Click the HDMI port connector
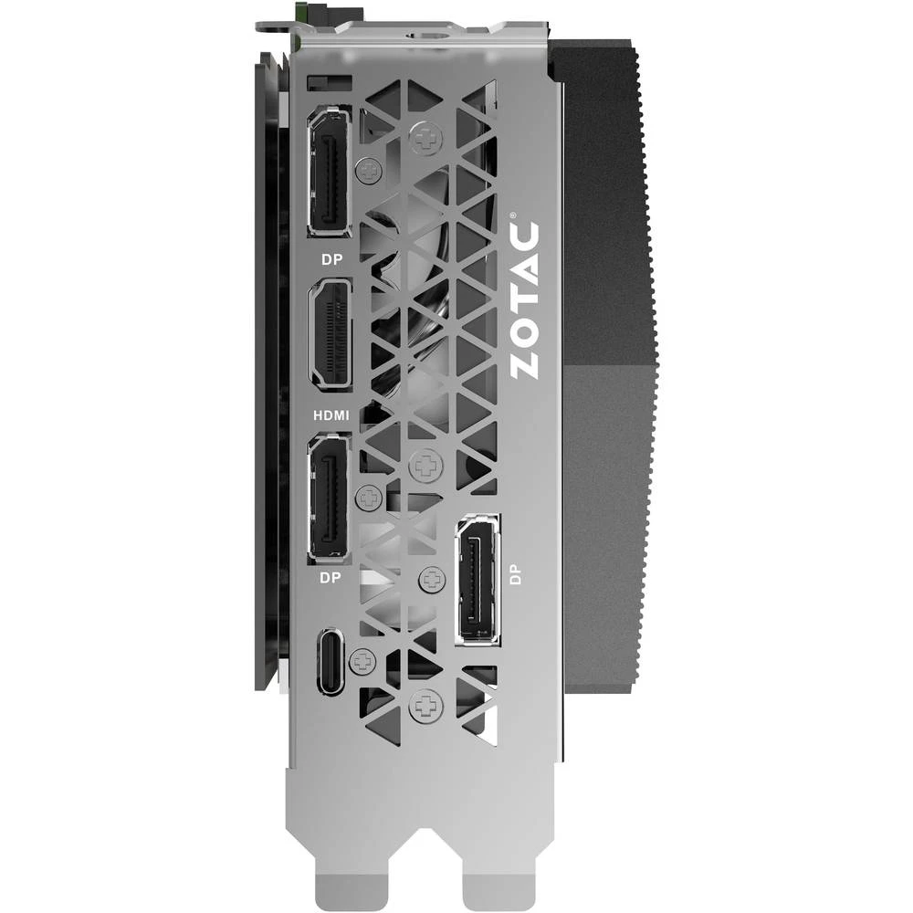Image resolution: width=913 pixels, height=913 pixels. (331, 334)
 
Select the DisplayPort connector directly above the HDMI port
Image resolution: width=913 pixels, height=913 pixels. (331, 171)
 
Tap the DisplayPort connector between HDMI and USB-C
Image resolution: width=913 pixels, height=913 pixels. (330, 497)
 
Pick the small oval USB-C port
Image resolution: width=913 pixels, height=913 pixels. (332, 661)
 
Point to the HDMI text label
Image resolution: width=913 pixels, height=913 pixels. (331, 415)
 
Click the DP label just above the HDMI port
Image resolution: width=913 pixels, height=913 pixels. (331, 258)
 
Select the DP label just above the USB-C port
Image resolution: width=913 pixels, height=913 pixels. (330, 578)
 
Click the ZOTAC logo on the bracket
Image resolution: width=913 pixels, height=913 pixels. (525, 296)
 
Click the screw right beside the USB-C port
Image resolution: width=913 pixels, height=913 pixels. (363, 658)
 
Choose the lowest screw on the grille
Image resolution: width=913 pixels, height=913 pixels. (425, 704)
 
